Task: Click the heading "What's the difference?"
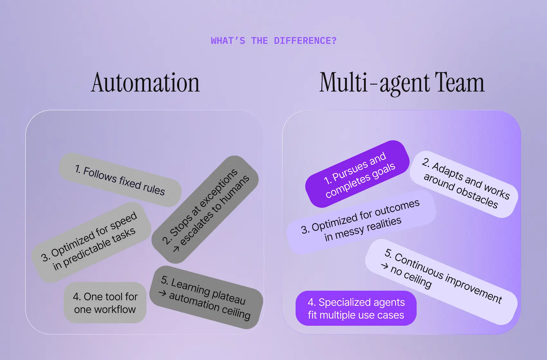[x=273, y=41]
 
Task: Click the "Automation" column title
[x=145, y=83]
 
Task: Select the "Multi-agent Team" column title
[x=402, y=83]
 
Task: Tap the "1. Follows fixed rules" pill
[x=120, y=180]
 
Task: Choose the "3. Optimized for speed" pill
[x=91, y=242]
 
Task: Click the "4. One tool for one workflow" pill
[x=105, y=303]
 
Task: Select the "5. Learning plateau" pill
[x=206, y=297]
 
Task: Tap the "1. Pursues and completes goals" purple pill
[x=358, y=174]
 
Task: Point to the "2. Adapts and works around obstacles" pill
[x=464, y=184]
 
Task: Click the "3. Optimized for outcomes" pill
[x=361, y=222]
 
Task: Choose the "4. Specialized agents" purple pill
[x=356, y=308]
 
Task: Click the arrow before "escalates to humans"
[x=176, y=249]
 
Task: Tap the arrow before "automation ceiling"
[x=162, y=293]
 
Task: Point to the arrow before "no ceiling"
[x=384, y=266]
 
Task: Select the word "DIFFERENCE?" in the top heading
[x=305, y=41]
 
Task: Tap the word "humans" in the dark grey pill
[x=234, y=190]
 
